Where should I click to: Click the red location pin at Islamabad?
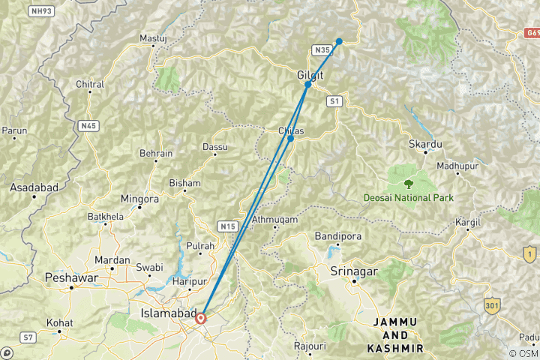pos(201,318)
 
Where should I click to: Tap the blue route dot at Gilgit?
pos(308,85)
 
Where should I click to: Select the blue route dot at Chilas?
pos(290,138)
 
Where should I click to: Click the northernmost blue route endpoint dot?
pos(339,41)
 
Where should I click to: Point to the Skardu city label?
pos(424,142)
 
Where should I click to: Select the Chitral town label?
pos(89,85)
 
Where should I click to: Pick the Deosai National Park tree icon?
pos(409,183)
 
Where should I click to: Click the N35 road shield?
pos(322,50)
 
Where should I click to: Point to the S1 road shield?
pos(334,100)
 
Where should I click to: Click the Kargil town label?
pos(469,223)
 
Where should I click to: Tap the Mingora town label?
pos(139,199)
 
